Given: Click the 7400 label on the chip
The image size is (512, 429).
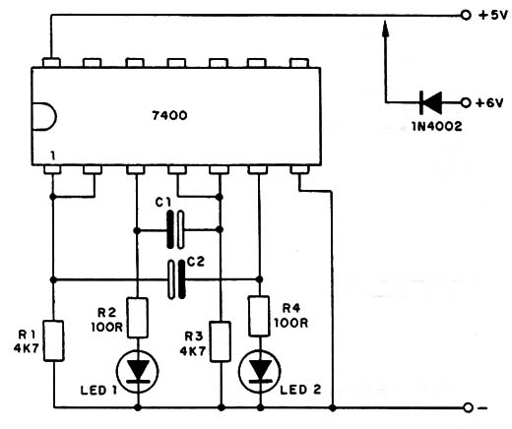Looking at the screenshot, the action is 169,115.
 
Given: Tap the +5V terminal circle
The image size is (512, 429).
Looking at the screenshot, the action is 466,15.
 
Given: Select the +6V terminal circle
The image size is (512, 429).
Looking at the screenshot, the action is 466,102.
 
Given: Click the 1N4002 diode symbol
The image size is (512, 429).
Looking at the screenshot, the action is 431,102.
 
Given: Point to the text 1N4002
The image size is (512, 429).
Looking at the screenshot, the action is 437,127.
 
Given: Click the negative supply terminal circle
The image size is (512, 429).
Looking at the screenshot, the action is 469,407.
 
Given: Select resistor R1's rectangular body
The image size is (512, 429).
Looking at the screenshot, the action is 54,341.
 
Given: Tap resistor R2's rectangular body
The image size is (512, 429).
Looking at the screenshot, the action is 138,318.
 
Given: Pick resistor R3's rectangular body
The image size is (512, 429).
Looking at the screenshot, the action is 221,341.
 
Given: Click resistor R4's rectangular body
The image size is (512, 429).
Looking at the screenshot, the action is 260,316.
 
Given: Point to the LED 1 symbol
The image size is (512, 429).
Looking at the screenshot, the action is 138,372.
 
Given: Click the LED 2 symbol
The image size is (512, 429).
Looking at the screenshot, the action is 260,372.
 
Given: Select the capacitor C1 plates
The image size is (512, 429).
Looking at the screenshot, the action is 175,229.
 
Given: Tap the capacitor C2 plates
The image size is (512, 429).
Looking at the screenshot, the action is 176,279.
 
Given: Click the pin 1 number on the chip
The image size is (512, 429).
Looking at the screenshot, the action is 52,156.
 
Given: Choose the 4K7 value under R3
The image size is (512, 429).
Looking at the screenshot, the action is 193,351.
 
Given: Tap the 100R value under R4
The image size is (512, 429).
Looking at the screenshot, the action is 290,323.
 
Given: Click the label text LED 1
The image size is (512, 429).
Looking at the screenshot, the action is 98,391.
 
